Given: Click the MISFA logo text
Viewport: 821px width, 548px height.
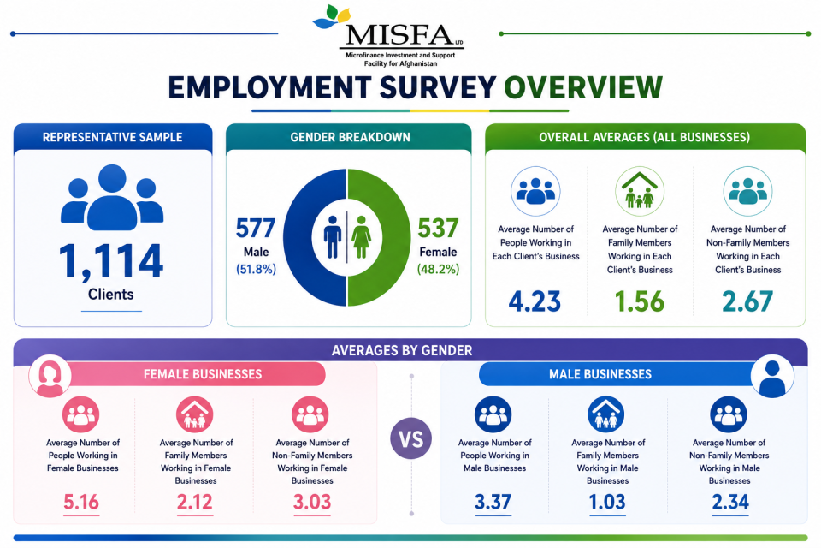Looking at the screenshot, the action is [x=399, y=36].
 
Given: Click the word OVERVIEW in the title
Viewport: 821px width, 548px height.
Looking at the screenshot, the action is [x=583, y=87].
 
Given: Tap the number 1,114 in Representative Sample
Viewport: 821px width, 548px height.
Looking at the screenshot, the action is [x=111, y=260].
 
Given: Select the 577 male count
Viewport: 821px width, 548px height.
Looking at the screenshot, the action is [x=256, y=229].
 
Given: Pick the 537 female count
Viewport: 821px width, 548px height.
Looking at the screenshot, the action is [x=438, y=229].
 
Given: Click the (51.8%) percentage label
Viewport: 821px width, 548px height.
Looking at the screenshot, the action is [x=256, y=270].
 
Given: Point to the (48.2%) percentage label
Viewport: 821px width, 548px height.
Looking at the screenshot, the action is [x=438, y=270].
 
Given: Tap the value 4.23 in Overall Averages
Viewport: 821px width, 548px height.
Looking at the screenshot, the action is [x=535, y=301].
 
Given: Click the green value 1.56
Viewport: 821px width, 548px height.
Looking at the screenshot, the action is [x=640, y=301].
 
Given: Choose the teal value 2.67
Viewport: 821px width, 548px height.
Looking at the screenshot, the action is [x=747, y=301].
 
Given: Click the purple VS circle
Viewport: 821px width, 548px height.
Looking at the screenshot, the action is [x=411, y=439].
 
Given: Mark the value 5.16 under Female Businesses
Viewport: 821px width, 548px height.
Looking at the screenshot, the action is [x=81, y=503].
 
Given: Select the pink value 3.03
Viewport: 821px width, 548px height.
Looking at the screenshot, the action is [x=312, y=503].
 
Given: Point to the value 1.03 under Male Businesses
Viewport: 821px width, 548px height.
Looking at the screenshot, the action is [x=607, y=503].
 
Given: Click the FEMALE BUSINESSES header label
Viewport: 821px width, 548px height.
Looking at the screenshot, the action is [x=203, y=374].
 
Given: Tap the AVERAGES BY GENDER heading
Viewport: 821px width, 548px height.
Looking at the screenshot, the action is [x=402, y=350].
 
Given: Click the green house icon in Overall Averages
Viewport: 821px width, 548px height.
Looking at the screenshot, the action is [x=640, y=191].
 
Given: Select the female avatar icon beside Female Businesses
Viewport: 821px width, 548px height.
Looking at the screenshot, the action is [x=50, y=376].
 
